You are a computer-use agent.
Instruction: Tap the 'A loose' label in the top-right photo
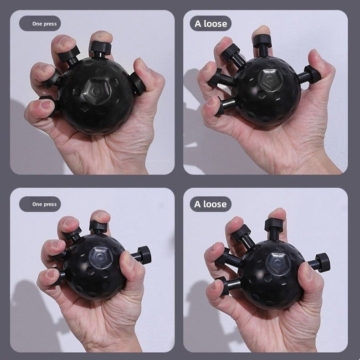click(x=210, y=23)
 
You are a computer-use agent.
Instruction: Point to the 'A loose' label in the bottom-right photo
click(x=210, y=204)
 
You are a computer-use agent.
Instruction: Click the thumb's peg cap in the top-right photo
click(x=312, y=74)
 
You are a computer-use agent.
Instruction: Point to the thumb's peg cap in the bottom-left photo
click(x=144, y=255)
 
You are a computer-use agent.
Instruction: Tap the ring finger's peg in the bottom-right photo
click(x=225, y=258)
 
